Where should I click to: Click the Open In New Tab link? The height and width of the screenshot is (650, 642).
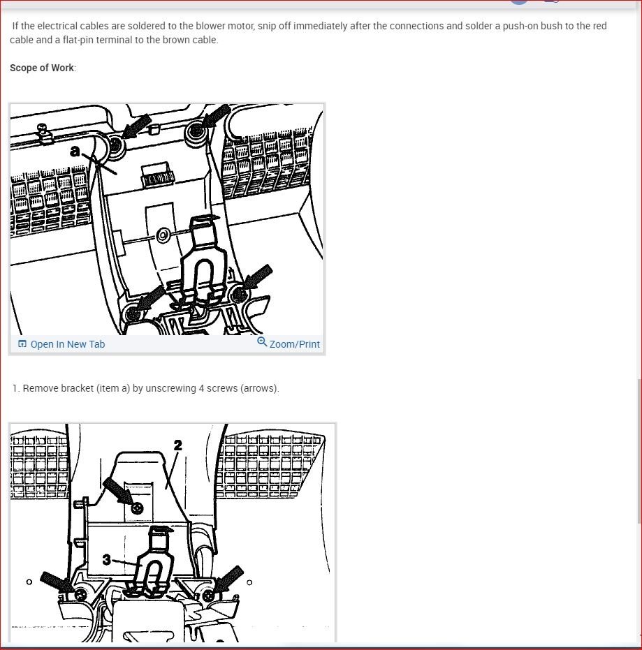tap(67, 344)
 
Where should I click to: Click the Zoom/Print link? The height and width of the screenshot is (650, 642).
tap(294, 344)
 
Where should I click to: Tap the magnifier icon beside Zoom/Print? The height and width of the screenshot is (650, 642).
tap(262, 342)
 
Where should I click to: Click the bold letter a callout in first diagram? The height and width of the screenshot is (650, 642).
tap(75, 149)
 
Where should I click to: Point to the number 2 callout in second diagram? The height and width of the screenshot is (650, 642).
tap(177, 445)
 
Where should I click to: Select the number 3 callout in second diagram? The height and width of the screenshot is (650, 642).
tap(106, 559)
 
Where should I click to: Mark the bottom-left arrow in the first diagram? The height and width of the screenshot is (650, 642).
tap(150, 299)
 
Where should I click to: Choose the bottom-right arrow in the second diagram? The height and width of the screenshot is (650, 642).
tap(229, 579)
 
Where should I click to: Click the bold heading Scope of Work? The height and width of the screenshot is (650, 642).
tap(42, 68)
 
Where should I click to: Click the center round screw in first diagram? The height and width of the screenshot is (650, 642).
tap(162, 236)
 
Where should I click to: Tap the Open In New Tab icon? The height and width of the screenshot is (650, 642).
tap(22, 344)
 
